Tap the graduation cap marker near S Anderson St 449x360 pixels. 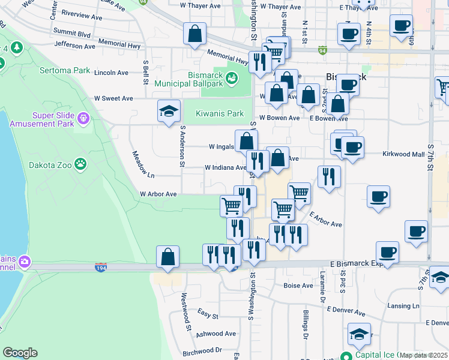click(169, 111)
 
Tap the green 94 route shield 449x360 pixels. click(323, 50)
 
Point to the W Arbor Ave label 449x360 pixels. click(158, 194)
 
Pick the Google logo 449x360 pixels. click(20, 353)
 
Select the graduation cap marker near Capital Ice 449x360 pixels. click(359, 335)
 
